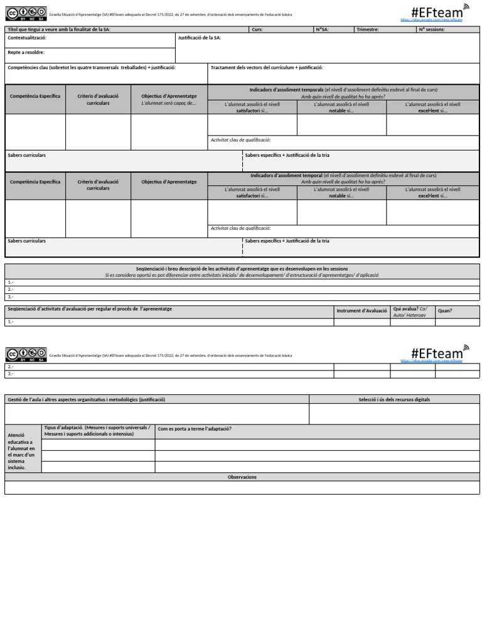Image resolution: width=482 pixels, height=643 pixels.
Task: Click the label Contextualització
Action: pos(27,38)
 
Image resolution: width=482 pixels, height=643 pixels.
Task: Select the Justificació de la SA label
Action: pos(199,38)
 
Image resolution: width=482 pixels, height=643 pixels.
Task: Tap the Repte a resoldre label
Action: pos(26,52)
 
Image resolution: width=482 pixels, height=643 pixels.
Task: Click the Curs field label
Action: pos(257,30)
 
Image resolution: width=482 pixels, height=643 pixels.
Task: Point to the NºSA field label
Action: pos(323,30)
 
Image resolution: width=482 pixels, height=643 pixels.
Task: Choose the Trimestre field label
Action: pos(368,30)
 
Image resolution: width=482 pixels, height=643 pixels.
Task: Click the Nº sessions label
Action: pos(431,30)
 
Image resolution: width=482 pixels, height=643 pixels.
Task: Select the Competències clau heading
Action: pos(91,67)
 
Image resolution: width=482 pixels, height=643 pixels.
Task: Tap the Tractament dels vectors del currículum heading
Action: pos(267,67)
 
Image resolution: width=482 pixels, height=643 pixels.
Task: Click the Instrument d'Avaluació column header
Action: pos(361,311)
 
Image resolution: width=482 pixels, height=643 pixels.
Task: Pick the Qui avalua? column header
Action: pos(410,312)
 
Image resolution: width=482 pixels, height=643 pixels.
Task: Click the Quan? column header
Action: pos(444,311)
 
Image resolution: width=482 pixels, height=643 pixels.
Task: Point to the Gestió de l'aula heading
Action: pos(86,399)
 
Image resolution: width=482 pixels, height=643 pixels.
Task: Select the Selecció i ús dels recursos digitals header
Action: pos(394,399)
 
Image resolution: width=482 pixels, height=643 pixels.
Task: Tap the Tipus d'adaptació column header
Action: pos(97,431)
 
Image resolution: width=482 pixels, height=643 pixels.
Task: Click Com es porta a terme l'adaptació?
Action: pos(195,429)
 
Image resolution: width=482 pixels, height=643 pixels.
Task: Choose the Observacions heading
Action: pos(242,477)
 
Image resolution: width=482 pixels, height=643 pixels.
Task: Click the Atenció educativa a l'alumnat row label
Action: pos(22,451)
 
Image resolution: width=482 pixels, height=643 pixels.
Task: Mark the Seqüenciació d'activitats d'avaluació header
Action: pos(89,309)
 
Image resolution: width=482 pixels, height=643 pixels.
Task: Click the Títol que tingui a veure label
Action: pos(58,30)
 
